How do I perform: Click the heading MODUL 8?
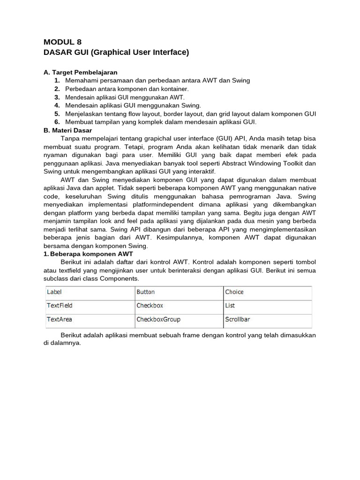click(62, 42)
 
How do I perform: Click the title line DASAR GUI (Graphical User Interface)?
click(116, 52)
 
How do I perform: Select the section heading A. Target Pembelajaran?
click(80, 72)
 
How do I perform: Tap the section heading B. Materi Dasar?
click(67, 130)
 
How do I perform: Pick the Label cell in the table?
click(54, 292)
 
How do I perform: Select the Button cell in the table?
click(145, 292)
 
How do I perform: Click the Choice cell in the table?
click(234, 292)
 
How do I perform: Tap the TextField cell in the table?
click(60, 306)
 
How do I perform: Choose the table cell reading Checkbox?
click(150, 306)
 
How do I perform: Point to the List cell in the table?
click(230, 306)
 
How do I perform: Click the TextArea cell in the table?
click(59, 320)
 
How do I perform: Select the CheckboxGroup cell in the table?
click(158, 320)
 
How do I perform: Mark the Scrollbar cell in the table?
click(238, 320)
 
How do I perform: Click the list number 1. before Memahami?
click(57, 81)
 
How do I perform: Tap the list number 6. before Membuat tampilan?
click(57, 122)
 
